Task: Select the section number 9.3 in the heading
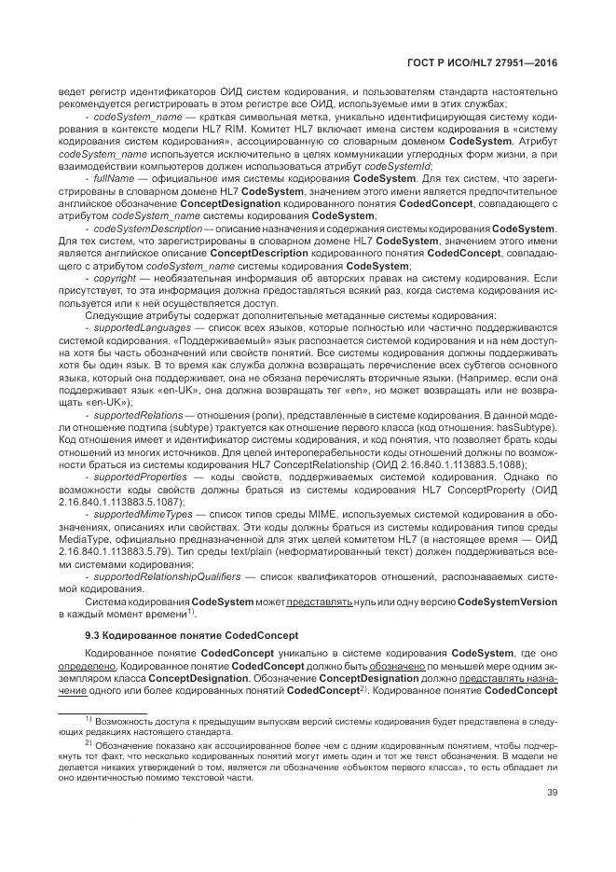click(92, 635)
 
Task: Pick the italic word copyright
click(113, 278)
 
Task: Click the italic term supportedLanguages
click(137, 328)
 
